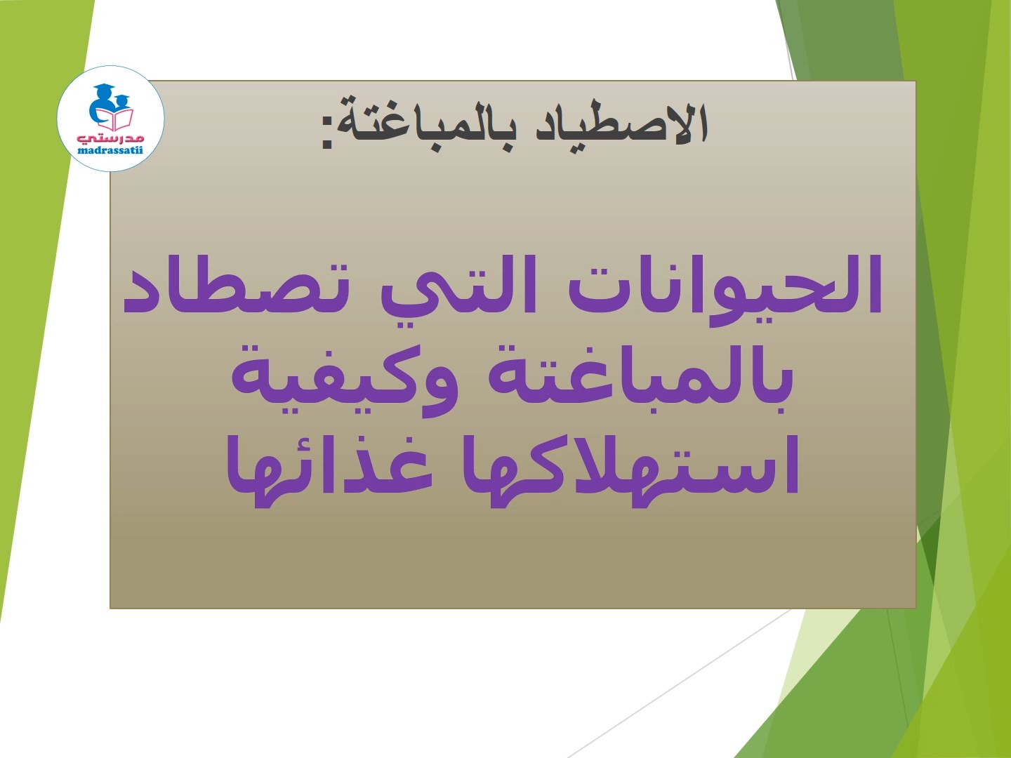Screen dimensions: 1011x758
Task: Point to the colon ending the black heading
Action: (326, 133)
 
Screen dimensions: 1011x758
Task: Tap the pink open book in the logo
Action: (116, 119)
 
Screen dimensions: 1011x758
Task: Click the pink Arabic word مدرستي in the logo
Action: (110, 138)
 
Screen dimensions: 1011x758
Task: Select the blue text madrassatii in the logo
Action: (110, 149)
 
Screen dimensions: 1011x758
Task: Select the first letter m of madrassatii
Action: (82, 150)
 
